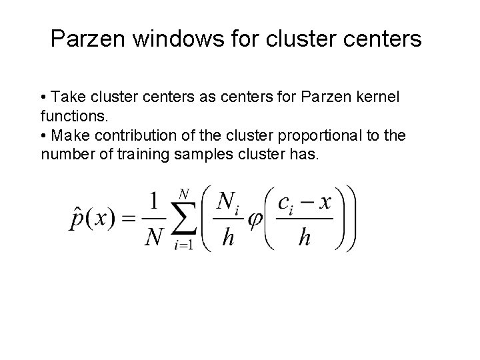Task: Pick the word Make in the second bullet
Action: (x=67, y=137)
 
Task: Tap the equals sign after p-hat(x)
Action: (x=130, y=218)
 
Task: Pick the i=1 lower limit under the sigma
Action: (x=183, y=245)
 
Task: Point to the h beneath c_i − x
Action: (x=305, y=237)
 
